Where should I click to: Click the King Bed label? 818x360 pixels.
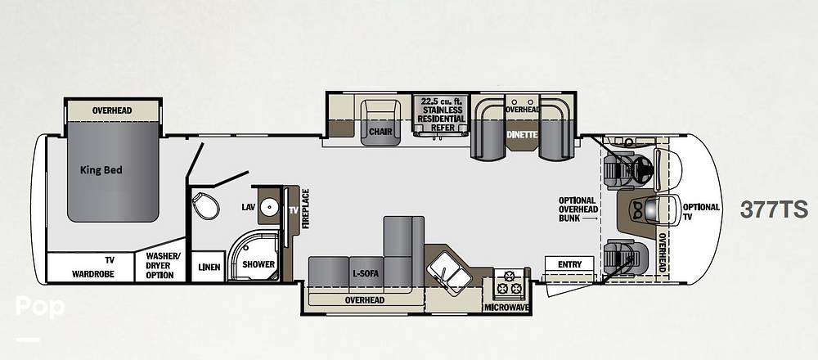coord(101,170)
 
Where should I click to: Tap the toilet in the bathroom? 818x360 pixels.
coord(205,205)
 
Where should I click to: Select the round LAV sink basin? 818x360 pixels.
coord(270,207)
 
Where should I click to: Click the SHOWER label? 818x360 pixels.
coord(258,264)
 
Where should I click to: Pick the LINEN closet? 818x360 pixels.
coord(209,267)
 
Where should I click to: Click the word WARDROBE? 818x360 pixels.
coord(93,274)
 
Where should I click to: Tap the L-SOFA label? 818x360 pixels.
coord(366,274)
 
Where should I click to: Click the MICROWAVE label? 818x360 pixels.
coord(506,308)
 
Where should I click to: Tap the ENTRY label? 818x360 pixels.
coord(569,264)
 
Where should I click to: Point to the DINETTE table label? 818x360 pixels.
coord(522,134)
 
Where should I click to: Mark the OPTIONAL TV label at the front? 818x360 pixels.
coord(701,211)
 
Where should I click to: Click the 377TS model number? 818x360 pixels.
coord(774,209)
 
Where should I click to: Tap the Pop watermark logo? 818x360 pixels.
coord(39,307)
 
